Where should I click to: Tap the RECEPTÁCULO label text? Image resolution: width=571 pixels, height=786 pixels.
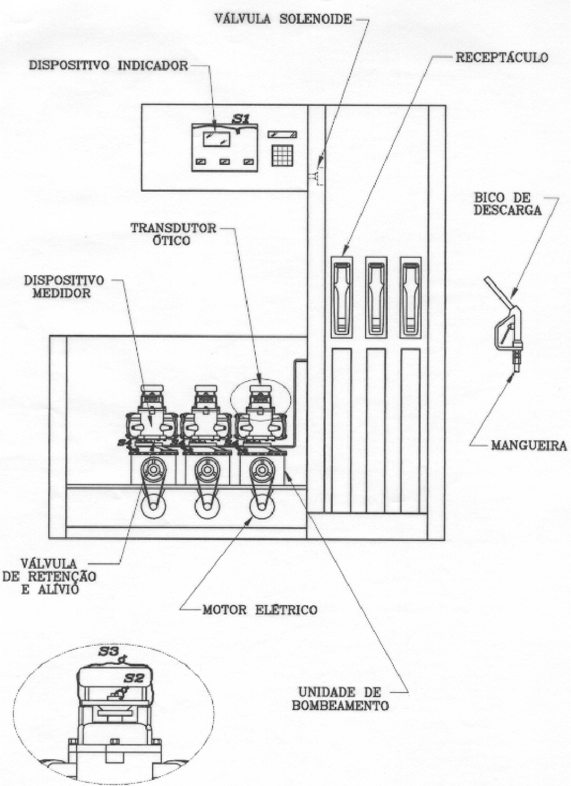[x=502, y=58]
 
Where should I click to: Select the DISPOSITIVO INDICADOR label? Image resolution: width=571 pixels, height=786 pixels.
[x=108, y=66]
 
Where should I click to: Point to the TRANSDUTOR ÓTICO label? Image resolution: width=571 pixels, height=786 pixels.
[x=174, y=234]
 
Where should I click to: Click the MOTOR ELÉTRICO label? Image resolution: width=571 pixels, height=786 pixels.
[x=260, y=609]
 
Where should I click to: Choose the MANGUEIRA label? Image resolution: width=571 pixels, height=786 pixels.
[x=529, y=445]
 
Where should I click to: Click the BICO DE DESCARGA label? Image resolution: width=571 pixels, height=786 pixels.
[x=507, y=203]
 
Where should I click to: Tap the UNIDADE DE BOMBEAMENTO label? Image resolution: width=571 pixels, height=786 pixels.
[x=340, y=699]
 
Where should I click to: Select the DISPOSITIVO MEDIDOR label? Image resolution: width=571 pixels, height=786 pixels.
[x=64, y=286]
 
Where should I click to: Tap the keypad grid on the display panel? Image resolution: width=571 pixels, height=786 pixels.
[x=282, y=155]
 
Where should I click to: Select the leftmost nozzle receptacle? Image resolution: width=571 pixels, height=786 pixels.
[x=342, y=297]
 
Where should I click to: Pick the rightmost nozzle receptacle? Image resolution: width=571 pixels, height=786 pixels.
[x=411, y=297]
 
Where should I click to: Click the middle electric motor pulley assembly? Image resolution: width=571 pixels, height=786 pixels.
[x=207, y=489]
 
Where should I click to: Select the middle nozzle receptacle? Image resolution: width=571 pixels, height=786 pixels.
[x=376, y=297]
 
